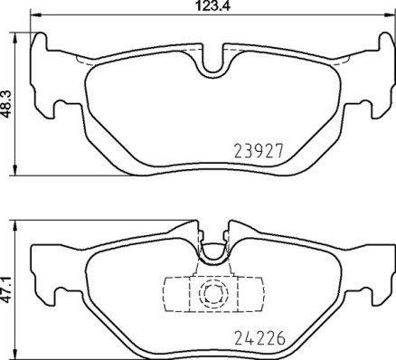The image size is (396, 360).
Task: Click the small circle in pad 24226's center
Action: (213, 293)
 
